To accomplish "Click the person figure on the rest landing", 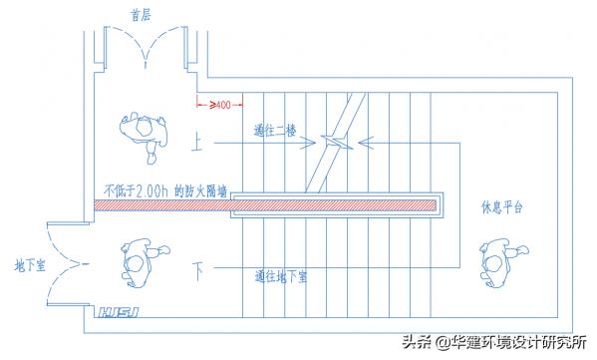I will point(495,261).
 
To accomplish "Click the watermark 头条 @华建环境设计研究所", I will point(493,341).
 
